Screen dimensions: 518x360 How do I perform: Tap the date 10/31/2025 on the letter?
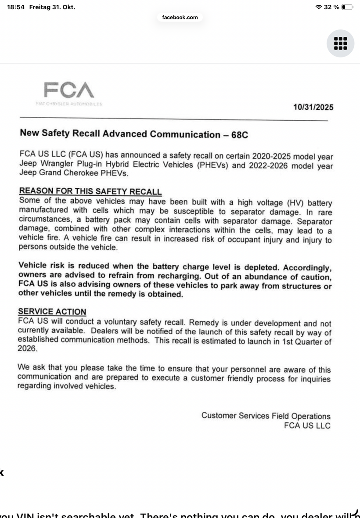point(313,107)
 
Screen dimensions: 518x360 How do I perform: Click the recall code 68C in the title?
point(239,135)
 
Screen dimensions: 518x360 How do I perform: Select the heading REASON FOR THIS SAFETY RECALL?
point(90,192)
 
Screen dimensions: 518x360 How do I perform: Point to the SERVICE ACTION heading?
point(52,312)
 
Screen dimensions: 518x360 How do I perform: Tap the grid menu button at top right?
point(340,43)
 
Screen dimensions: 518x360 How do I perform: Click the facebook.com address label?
point(180,18)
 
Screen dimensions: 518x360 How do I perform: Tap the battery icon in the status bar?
point(347,7)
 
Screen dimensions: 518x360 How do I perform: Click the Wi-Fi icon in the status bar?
point(318,7)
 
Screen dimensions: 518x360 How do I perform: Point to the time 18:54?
point(15,7)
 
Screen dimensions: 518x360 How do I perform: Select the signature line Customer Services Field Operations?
point(266,416)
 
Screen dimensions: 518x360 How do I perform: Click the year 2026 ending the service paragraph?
point(28,349)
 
